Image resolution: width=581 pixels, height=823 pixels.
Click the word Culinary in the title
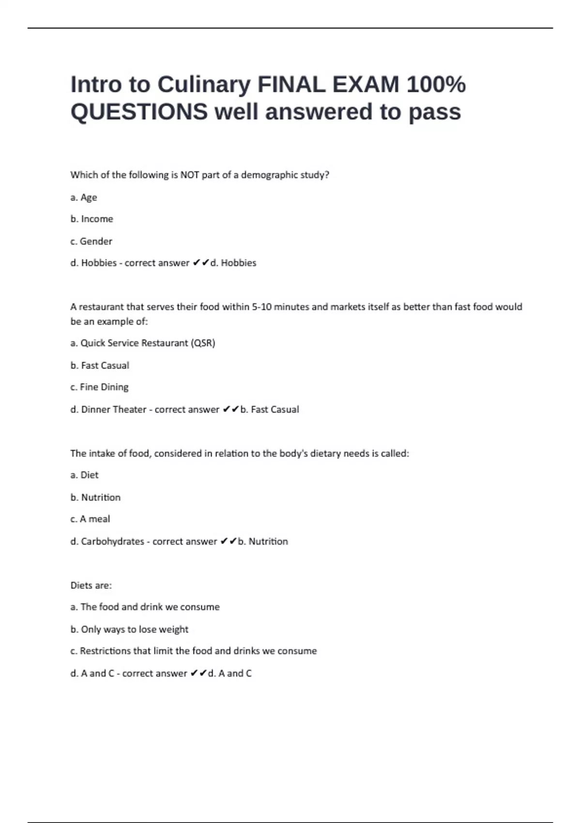[204, 85]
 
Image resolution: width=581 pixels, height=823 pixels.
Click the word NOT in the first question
[190, 175]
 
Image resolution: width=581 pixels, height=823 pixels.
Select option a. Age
[84, 197]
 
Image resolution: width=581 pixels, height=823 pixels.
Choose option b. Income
[92, 219]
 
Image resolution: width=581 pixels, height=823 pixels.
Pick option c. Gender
[91, 241]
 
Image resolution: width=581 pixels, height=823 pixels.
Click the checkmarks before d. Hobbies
[200, 263]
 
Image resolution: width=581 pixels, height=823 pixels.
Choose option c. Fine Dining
[99, 387]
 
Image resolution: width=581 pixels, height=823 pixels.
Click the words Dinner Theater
[114, 409]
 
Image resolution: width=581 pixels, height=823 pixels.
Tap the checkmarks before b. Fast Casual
[230, 409]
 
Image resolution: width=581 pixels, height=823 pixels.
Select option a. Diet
[84, 475]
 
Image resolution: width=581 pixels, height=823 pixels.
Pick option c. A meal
[90, 519]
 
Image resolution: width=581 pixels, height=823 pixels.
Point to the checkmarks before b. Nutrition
[228, 541]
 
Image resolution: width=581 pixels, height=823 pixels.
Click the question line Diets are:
[91, 585]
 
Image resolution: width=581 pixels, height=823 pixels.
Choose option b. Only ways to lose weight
[129, 629]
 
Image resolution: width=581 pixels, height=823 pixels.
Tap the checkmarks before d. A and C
[198, 673]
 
